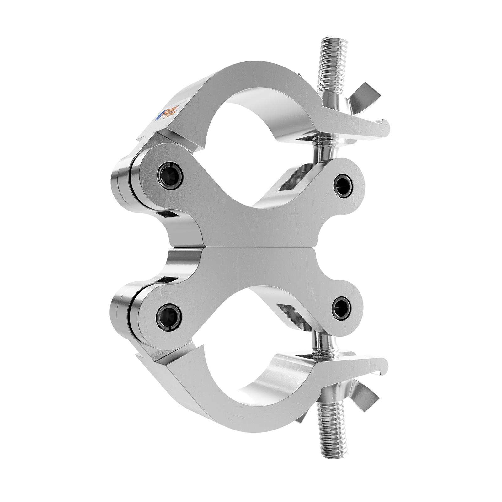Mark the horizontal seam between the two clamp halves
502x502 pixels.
251,247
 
